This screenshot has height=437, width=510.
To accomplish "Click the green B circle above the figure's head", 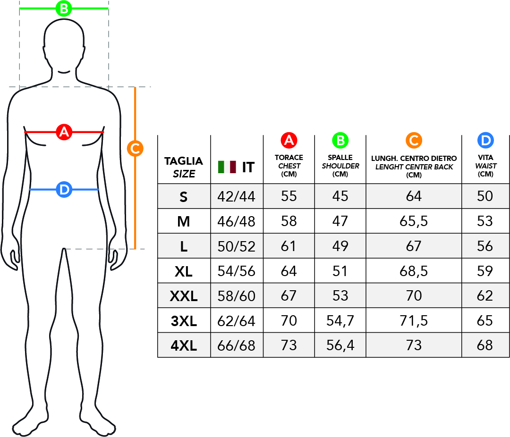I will [64, 8].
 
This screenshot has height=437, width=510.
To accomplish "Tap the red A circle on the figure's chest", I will [64, 132].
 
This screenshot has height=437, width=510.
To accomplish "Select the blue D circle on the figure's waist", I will [64, 190].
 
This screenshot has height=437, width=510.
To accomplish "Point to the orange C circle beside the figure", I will [135, 149].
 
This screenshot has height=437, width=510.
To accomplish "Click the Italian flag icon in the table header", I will [227, 167].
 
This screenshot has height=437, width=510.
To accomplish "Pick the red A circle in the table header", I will [289, 140].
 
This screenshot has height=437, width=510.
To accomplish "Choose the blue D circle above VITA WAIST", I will [485, 140].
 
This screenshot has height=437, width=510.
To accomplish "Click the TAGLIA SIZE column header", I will [184, 167].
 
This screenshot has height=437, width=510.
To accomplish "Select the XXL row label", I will [184, 296].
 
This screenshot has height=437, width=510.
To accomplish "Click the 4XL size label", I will [184, 346].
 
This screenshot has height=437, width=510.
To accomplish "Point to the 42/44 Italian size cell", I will [236, 196].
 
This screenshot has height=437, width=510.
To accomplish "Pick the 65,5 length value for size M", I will [414, 221].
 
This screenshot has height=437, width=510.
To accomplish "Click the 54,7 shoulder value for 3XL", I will [340, 321].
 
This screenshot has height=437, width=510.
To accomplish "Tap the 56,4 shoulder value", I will [340, 345].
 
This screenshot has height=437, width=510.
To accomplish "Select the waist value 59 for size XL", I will [485, 271].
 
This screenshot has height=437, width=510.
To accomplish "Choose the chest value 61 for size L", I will [289, 246].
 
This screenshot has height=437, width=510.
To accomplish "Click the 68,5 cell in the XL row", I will [414, 271].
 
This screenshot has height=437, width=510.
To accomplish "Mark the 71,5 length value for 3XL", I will [414, 321].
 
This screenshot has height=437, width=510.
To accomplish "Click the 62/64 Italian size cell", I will [236, 321].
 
